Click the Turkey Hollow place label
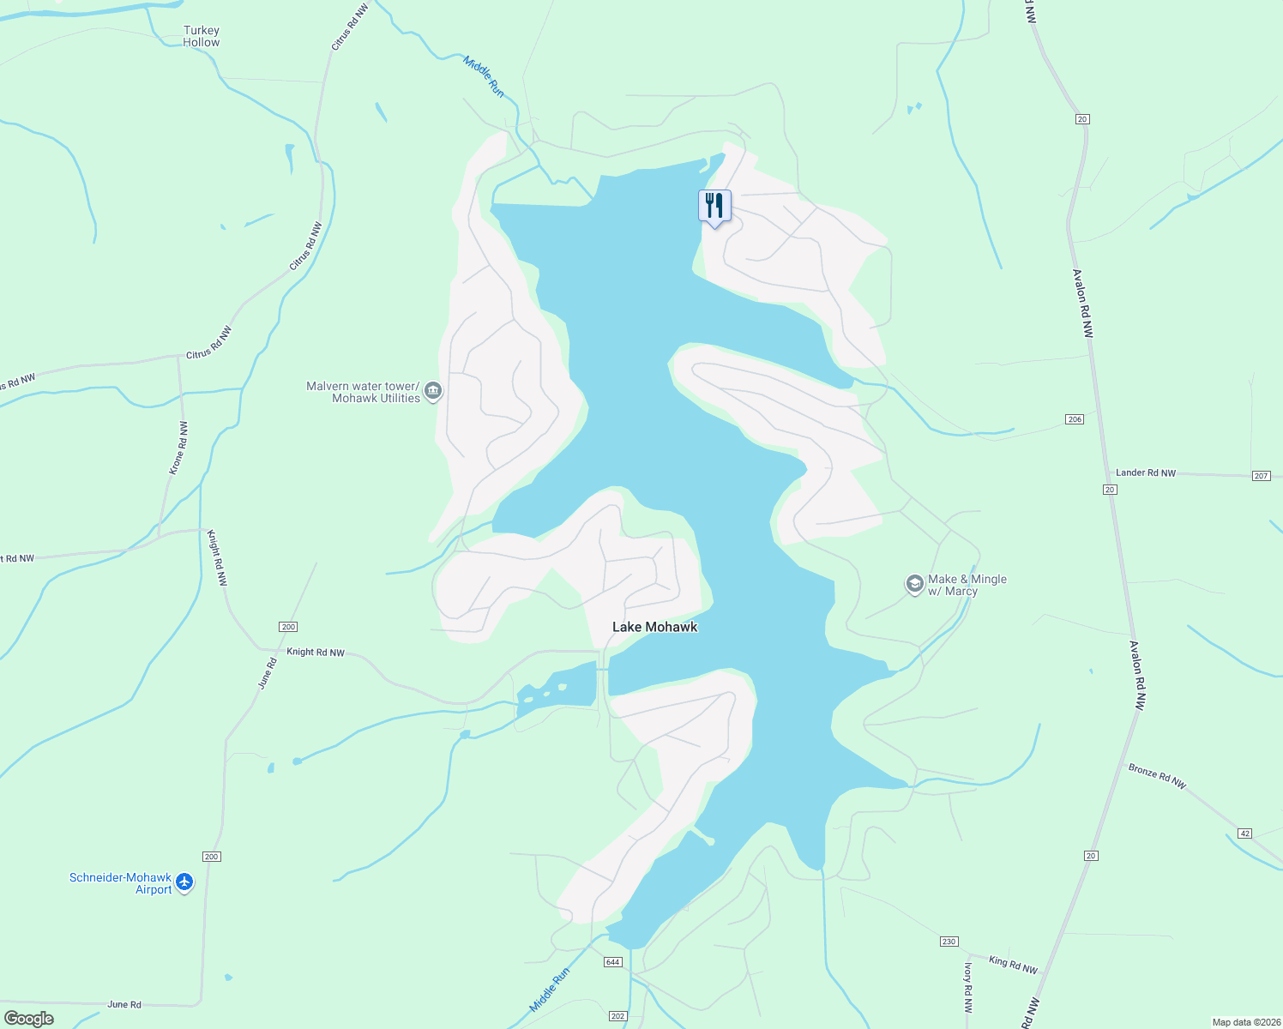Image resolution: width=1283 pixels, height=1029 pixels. point(202,36)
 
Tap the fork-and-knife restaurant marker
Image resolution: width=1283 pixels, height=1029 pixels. point(714,207)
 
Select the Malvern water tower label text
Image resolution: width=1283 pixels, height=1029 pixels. point(363,392)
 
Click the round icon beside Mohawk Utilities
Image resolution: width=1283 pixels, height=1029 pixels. point(433,392)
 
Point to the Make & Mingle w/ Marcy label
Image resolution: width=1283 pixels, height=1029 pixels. point(967,585)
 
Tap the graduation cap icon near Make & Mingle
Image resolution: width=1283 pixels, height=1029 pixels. point(914,584)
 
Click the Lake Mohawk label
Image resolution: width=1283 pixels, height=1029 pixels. point(654,627)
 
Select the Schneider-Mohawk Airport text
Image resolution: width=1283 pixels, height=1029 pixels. point(120,883)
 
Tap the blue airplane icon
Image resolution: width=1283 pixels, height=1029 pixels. point(184,882)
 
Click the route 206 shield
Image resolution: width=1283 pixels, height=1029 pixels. point(1075,419)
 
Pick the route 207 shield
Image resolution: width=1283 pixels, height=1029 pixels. point(1261,476)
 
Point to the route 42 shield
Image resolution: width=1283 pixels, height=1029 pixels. point(1245,833)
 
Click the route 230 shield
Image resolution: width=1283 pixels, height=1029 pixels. point(949,942)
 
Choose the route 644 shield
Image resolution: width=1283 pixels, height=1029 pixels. point(612,962)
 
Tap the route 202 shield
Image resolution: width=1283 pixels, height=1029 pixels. point(618,1016)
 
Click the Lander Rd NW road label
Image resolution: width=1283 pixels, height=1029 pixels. point(1146,472)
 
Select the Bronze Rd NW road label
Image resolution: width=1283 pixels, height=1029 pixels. point(1157,776)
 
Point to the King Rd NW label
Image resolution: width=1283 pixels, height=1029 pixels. point(1013,965)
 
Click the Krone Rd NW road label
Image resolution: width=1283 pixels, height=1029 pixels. point(178,448)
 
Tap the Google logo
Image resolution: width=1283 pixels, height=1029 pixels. point(29,1019)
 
